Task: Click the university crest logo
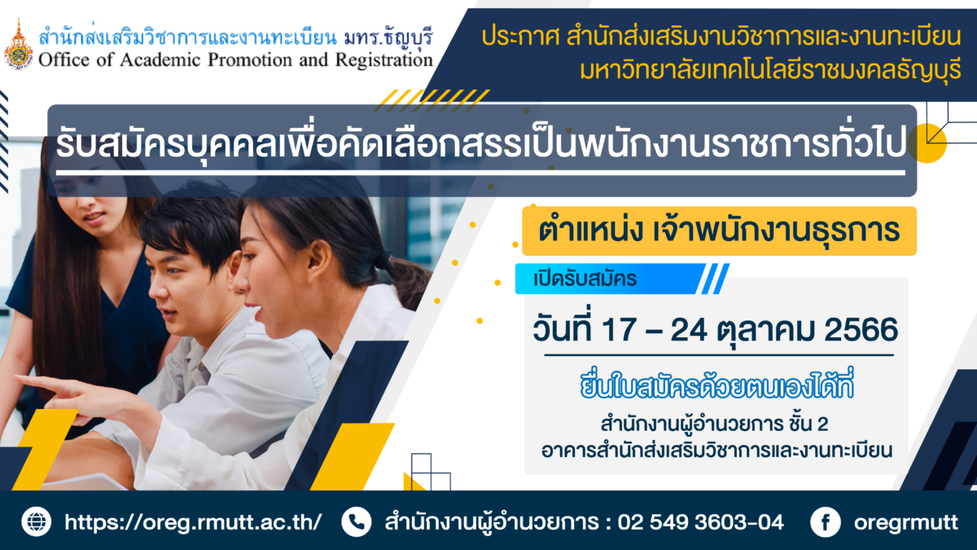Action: tap(18, 45)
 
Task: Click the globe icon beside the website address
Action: tap(36, 521)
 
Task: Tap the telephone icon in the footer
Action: tap(357, 521)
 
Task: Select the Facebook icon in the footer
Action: tap(826, 521)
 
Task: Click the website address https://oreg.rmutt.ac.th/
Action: tap(193, 522)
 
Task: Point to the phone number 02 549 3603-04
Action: tap(700, 522)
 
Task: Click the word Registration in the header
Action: tap(383, 60)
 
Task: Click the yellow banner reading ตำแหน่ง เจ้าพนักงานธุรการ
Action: tap(719, 231)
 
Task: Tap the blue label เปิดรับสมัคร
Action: tap(611, 279)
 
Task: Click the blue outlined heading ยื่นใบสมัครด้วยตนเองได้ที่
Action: tap(716, 385)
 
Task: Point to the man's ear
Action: tap(234, 266)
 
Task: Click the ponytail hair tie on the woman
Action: tap(383, 260)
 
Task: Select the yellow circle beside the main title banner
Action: tap(927, 143)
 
